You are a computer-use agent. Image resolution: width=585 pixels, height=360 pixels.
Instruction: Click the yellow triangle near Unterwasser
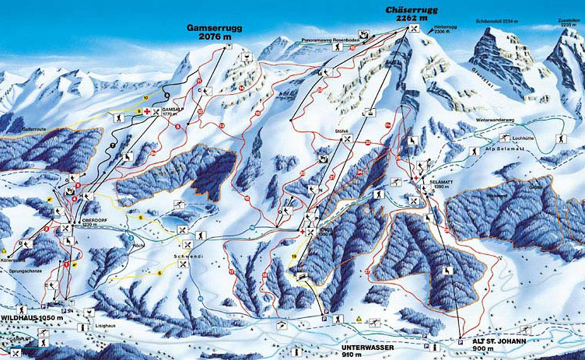pos(357,320)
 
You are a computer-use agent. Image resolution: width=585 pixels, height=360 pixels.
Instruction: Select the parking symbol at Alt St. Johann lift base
pos(460,341)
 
